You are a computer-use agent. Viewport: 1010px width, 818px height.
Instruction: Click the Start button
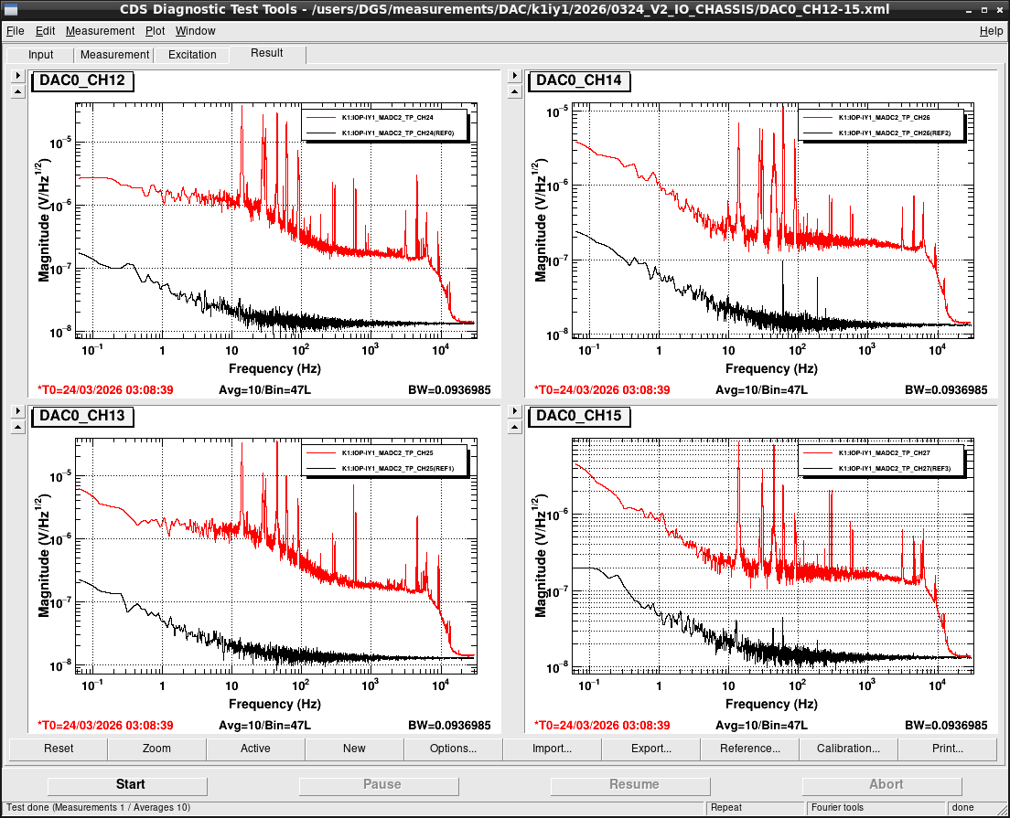point(127,784)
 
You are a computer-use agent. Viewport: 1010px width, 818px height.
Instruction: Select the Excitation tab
point(192,55)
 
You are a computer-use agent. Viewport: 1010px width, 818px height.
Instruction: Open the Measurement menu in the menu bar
point(100,31)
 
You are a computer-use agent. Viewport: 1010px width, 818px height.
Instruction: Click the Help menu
point(991,31)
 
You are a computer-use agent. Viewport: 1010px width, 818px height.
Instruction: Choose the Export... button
point(650,749)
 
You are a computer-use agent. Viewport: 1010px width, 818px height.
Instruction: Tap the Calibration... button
point(848,749)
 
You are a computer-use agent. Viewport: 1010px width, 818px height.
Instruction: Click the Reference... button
point(750,749)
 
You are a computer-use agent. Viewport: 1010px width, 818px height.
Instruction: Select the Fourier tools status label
point(837,808)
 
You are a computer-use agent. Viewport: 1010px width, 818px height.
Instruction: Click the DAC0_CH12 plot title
point(82,80)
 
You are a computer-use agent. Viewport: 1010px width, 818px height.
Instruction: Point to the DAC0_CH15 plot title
point(579,416)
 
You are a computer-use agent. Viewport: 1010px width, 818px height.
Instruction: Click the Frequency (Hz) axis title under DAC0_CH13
point(275,704)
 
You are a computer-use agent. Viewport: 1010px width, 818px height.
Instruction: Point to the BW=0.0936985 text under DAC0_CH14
point(946,390)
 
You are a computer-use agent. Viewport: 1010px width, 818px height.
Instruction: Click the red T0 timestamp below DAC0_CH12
point(105,390)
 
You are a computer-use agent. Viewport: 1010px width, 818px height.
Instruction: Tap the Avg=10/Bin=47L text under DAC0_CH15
point(761,726)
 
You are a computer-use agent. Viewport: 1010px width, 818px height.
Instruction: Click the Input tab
point(40,55)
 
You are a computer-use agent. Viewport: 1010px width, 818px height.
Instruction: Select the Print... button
point(948,749)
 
